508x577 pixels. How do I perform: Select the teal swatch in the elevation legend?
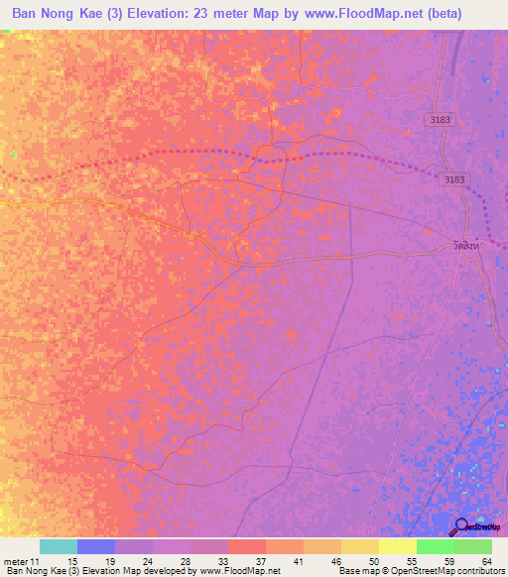coord(59,546)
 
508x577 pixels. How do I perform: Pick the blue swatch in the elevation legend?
coord(96,546)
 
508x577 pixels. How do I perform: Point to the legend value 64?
coord(486,561)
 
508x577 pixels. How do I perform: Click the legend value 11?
coord(35,561)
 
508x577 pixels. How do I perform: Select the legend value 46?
coord(337,561)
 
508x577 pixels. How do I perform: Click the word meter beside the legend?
coord(15,561)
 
